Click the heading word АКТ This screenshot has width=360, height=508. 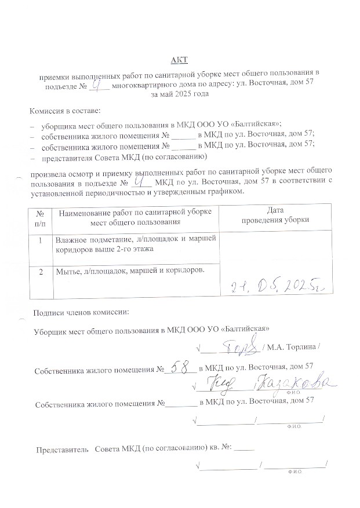[179, 60]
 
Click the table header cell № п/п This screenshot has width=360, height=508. [40, 217]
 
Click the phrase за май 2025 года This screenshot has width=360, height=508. [179, 94]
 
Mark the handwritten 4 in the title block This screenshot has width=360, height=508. [99, 83]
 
